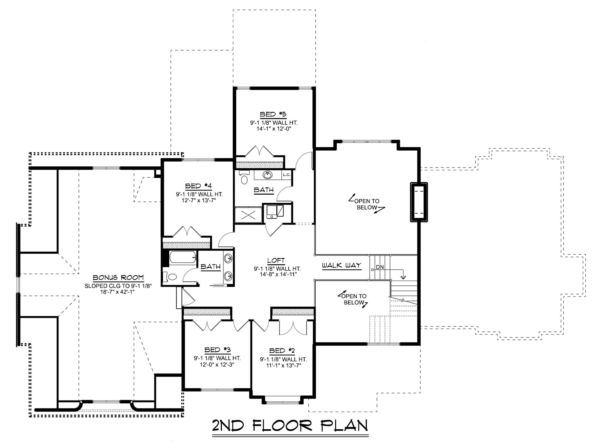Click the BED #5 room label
tap(273, 114)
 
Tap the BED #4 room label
tap(198, 186)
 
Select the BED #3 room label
tap(217, 350)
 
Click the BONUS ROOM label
tap(118, 278)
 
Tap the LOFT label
tap(276, 261)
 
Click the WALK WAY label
tap(342, 265)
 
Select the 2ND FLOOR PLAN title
tap(290, 425)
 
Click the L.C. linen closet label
tap(287, 175)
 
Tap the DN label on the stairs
tap(380, 267)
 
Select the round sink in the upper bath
tap(268, 175)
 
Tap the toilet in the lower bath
tap(172, 277)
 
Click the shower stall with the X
tap(248, 214)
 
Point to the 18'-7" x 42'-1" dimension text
tap(118, 292)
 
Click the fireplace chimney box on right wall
tap(419, 202)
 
